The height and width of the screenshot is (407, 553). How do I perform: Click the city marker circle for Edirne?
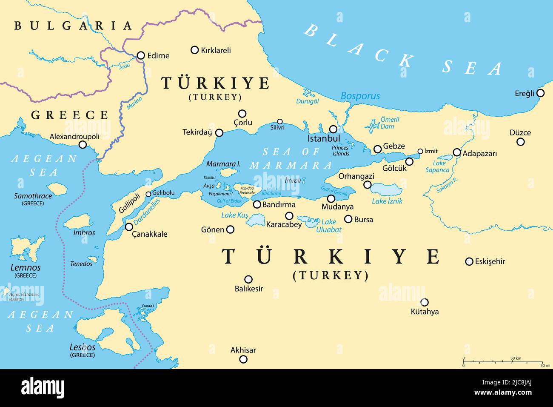(141, 55)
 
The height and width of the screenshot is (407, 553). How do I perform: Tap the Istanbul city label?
(324, 139)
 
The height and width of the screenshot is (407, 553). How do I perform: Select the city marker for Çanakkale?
(129, 227)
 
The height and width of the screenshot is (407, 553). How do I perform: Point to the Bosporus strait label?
(360, 96)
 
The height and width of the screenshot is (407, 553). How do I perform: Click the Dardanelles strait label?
(147, 212)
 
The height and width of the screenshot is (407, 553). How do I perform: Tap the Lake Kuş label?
(234, 215)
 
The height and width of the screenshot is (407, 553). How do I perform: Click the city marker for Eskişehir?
(469, 261)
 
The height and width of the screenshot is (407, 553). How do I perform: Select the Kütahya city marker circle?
(424, 302)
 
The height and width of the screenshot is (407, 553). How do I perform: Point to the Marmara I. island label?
(223, 164)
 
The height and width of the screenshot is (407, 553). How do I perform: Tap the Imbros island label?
(84, 233)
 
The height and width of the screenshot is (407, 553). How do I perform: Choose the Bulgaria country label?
(73, 26)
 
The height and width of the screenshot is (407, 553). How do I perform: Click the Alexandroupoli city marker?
(83, 145)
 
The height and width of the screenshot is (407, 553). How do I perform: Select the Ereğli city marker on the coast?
(541, 93)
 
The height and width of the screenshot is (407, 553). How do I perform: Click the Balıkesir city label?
(249, 289)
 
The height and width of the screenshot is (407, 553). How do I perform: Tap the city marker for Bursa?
(348, 219)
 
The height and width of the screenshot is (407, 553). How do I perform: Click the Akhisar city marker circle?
(243, 359)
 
